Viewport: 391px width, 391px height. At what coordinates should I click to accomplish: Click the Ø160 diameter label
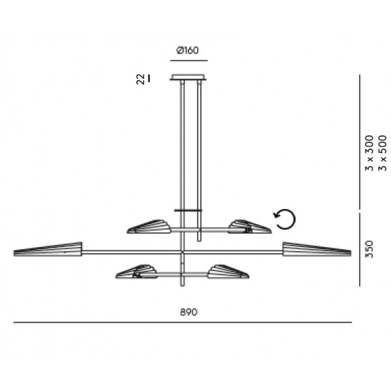[188, 50]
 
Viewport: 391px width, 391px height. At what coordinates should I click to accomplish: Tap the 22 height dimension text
[140, 79]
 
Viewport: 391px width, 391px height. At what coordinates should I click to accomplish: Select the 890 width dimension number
[189, 312]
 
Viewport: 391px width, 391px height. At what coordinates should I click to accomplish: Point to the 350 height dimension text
[369, 249]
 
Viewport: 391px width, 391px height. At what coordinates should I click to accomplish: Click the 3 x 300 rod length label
[369, 153]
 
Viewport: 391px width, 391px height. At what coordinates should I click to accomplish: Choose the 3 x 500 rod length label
[383, 153]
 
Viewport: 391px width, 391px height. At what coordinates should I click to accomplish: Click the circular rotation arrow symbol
[285, 219]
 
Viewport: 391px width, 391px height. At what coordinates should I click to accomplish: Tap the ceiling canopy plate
[189, 77]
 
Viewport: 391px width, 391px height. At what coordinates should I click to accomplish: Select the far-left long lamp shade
[48, 250]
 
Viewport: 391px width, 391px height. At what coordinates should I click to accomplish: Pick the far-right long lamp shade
[317, 249]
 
